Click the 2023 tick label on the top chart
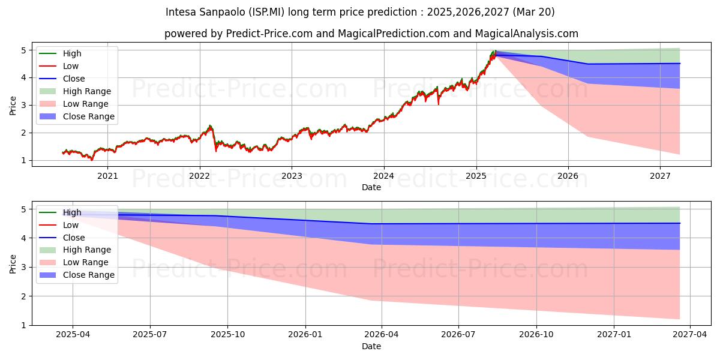292,176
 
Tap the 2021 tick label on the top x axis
107,176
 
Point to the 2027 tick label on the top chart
660,176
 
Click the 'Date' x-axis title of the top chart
371,187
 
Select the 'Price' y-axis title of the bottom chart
13,263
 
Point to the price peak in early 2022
210,126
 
